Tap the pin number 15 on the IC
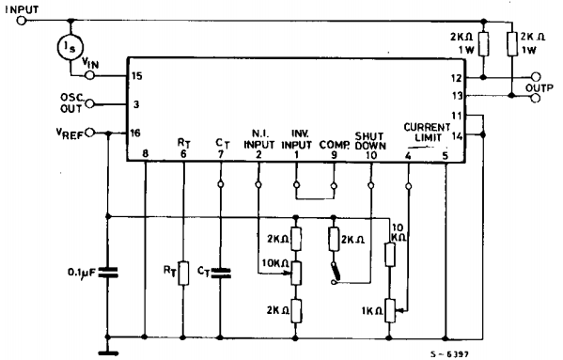[x=137, y=74]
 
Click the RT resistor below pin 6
[x=184, y=274]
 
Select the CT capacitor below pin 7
[x=222, y=274]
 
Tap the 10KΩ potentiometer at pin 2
[x=296, y=273]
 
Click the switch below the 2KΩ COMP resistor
[x=335, y=274]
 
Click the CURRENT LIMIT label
[x=429, y=132]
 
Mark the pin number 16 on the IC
[x=137, y=134]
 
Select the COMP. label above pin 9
[x=333, y=146]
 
